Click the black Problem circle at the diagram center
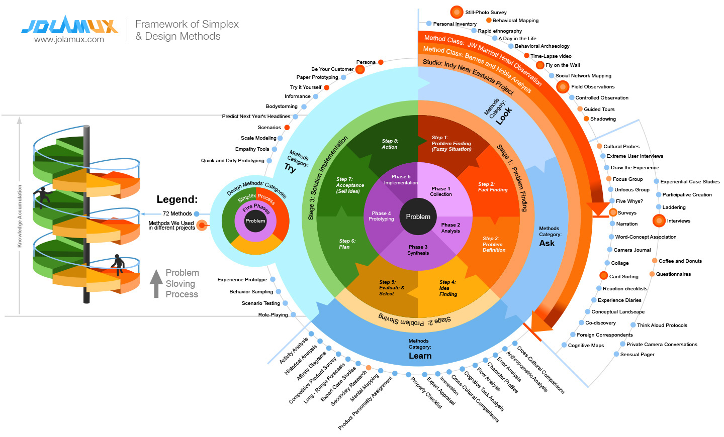pyautogui.click(x=418, y=216)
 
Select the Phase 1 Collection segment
pyautogui.click(x=441, y=191)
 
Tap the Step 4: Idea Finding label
pyautogui.click(x=447, y=288)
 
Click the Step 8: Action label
pyautogui.click(x=390, y=144)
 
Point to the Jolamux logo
pyautogui.click(x=70, y=25)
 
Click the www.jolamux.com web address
pyautogui.click(x=69, y=40)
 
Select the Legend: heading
pyautogui.click(x=177, y=199)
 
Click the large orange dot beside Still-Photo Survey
pyautogui.click(x=457, y=12)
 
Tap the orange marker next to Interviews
pyautogui.click(x=659, y=221)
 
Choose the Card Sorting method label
pyautogui.click(x=623, y=276)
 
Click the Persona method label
pyautogui.click(x=366, y=62)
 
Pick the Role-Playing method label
pyautogui.click(x=273, y=315)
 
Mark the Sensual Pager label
pyautogui.click(x=637, y=355)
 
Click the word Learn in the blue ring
pyautogui.click(x=420, y=356)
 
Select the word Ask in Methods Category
pyautogui.click(x=547, y=243)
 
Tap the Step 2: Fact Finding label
pyautogui.click(x=493, y=187)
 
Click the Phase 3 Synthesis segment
pyautogui.click(x=418, y=250)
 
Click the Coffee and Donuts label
pyautogui.click(x=680, y=261)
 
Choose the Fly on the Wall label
pyautogui.click(x=563, y=65)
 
